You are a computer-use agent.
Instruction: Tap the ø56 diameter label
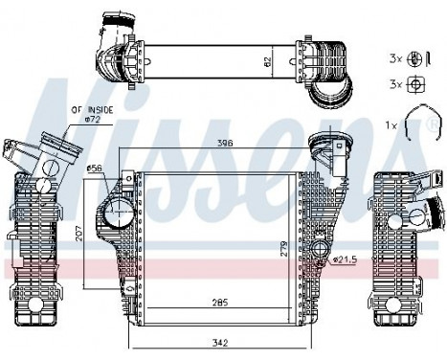(95, 169)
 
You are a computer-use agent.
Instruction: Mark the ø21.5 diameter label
(344, 259)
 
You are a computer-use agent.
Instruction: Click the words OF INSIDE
(90, 112)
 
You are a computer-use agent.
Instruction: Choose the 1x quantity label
(390, 125)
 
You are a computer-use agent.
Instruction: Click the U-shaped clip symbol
(414, 124)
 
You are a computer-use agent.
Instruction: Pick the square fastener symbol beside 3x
(415, 83)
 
